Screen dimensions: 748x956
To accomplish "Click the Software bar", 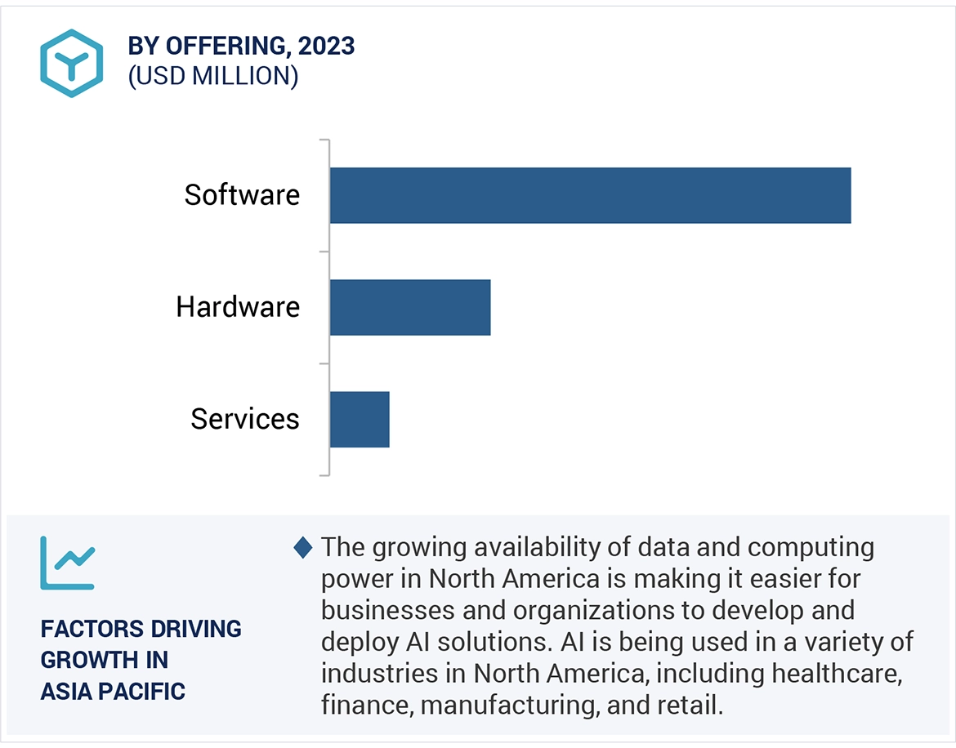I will click(590, 195).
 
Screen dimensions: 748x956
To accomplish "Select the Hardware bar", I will click(410, 307).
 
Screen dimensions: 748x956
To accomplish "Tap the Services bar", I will click(360, 419).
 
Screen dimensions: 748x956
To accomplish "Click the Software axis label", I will click(242, 195).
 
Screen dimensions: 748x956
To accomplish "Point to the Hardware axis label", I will click(238, 307).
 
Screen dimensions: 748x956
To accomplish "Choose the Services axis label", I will click(245, 419).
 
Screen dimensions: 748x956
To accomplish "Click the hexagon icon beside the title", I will click(72, 64).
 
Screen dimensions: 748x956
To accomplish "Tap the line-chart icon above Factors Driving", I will click(68, 563).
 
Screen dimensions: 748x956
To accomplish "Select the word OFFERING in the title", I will click(224, 47).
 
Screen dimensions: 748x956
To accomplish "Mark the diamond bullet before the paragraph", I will click(303, 548).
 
